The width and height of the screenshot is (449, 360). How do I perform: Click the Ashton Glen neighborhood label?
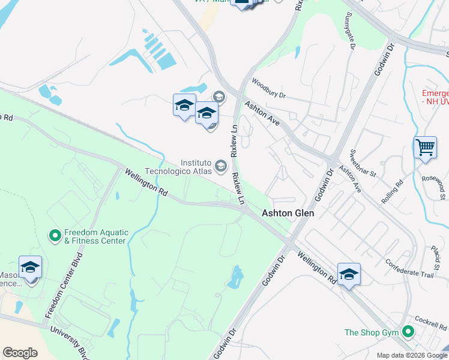288,213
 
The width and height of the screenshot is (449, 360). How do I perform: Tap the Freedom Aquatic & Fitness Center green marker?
55,235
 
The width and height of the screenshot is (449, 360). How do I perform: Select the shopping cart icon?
425,147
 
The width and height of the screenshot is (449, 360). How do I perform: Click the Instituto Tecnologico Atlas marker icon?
221,165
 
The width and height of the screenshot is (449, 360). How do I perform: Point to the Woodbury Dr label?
268,88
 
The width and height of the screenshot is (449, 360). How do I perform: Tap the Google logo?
20,353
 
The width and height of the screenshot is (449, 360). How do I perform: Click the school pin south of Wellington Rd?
349,274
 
